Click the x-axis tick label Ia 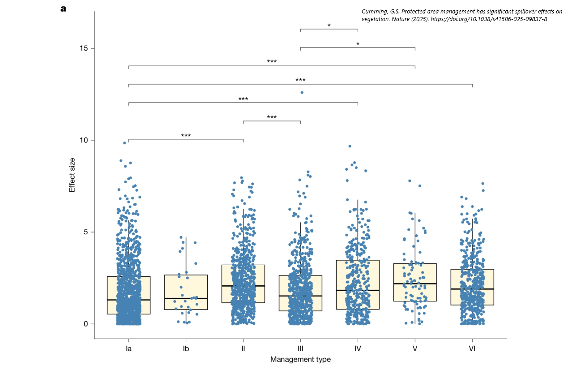click(x=128, y=348)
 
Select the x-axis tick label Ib click(x=186, y=348)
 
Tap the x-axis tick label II click(x=243, y=348)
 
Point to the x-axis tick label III click(x=300, y=348)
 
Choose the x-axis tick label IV click(x=358, y=348)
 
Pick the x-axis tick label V click(x=415, y=348)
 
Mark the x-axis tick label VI click(x=472, y=348)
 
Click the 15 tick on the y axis click(x=84, y=48)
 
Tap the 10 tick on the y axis click(x=84, y=140)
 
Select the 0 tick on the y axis click(x=86, y=324)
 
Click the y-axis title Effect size click(x=72, y=175)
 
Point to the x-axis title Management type click(x=300, y=359)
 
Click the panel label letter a click(x=63, y=9)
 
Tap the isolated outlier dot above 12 click(x=302, y=92)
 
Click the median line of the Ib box click(x=186, y=298)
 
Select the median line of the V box click(x=415, y=284)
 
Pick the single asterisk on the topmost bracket click(x=329, y=26)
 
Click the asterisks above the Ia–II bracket click(x=186, y=135)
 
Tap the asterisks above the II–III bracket click(x=272, y=117)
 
